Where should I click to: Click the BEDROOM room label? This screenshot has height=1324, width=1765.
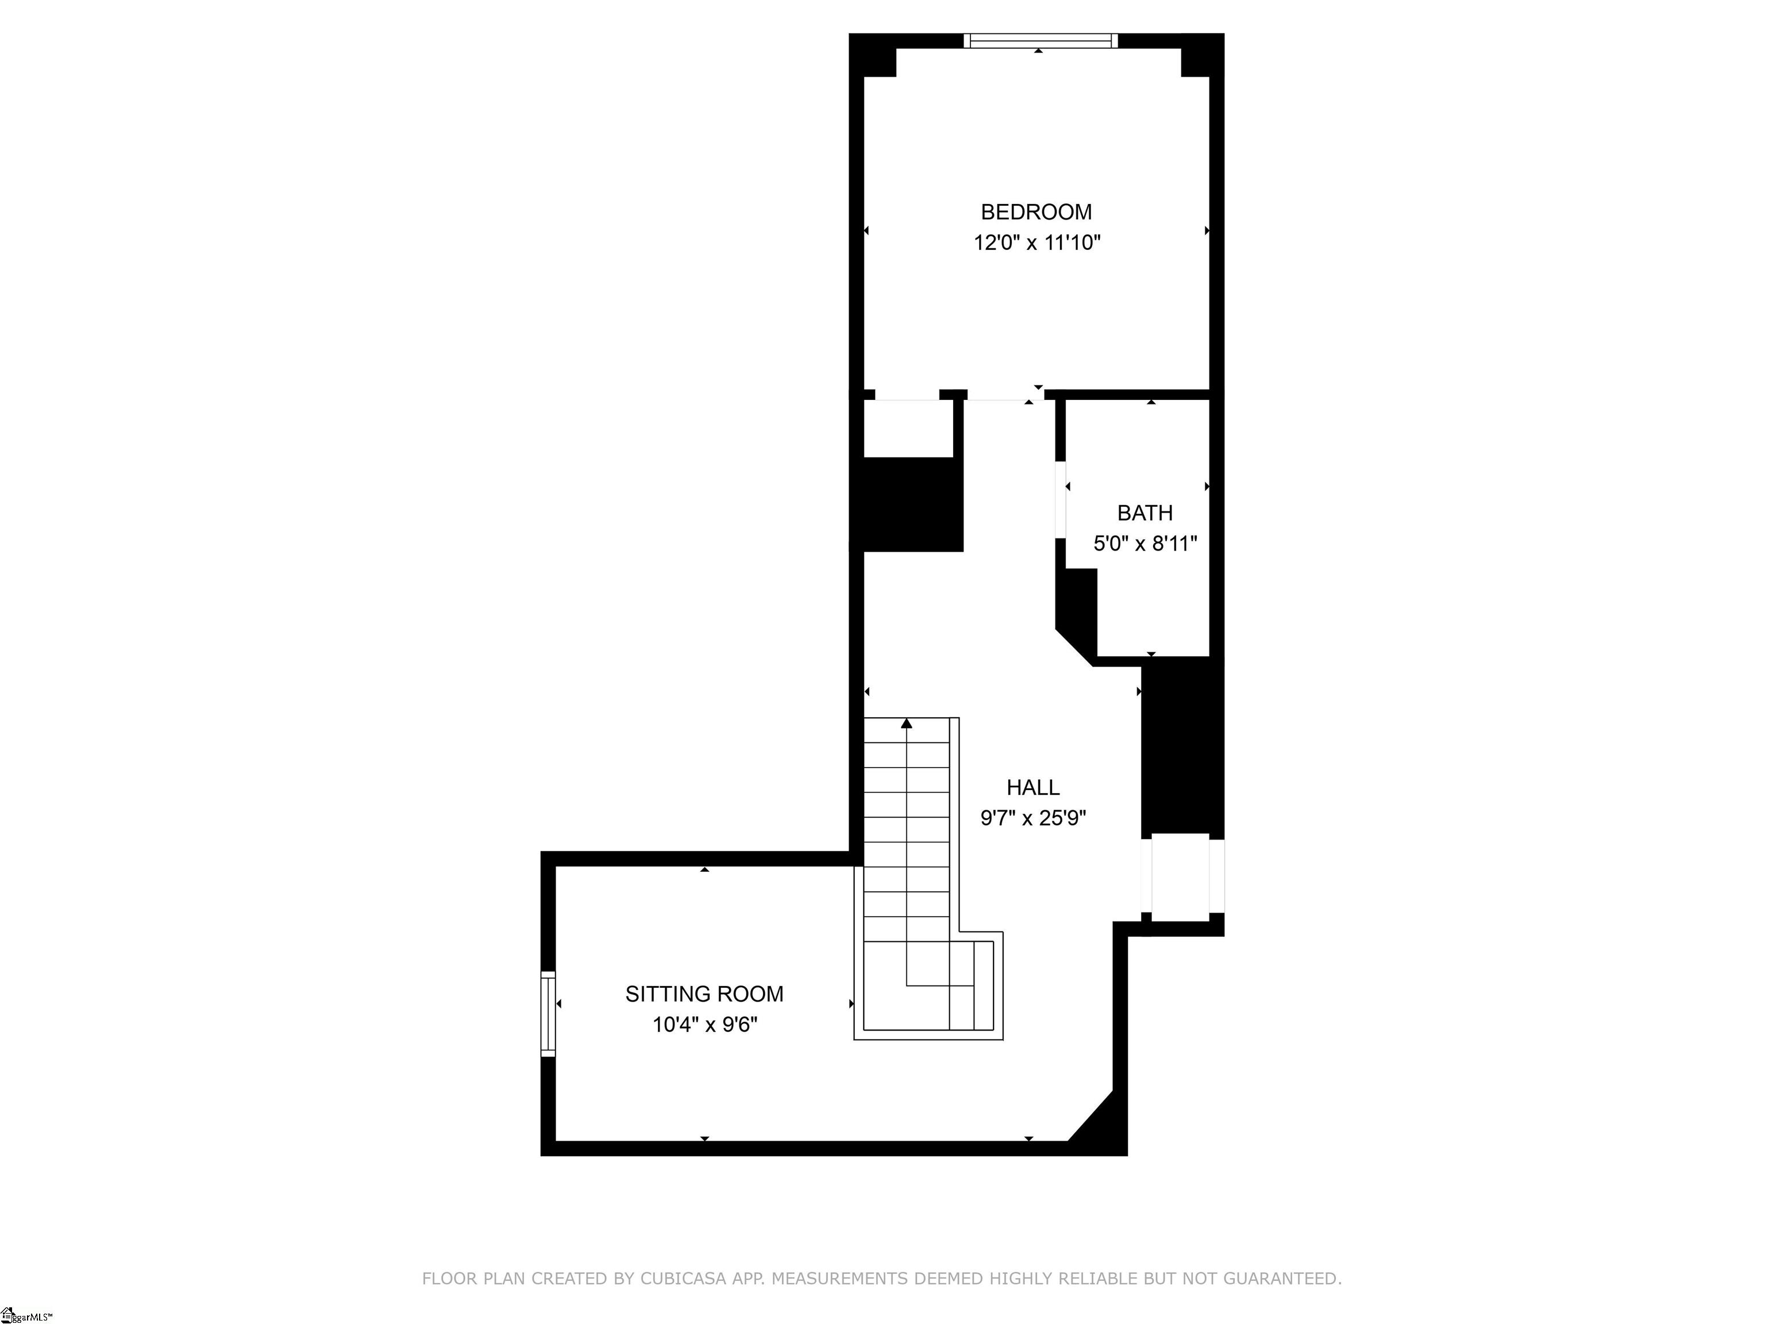point(1036,211)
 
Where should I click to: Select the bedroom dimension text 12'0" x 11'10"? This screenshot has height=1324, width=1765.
point(1036,242)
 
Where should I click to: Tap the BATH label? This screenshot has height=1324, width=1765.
point(1144,513)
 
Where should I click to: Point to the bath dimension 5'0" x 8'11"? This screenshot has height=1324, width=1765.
point(1145,544)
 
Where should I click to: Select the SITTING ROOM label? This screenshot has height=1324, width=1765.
point(704,994)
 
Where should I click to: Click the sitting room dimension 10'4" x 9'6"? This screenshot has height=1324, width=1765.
point(704,1024)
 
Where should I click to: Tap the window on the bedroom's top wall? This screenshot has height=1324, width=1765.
point(1040,41)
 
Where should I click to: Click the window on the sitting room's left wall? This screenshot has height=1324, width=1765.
point(548,1014)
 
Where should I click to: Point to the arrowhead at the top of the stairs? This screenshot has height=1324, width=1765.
point(907,723)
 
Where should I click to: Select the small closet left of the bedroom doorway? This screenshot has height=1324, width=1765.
point(909,429)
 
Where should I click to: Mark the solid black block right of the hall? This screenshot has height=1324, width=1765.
point(1182,750)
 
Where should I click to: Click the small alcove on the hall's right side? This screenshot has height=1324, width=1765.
point(1180,877)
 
